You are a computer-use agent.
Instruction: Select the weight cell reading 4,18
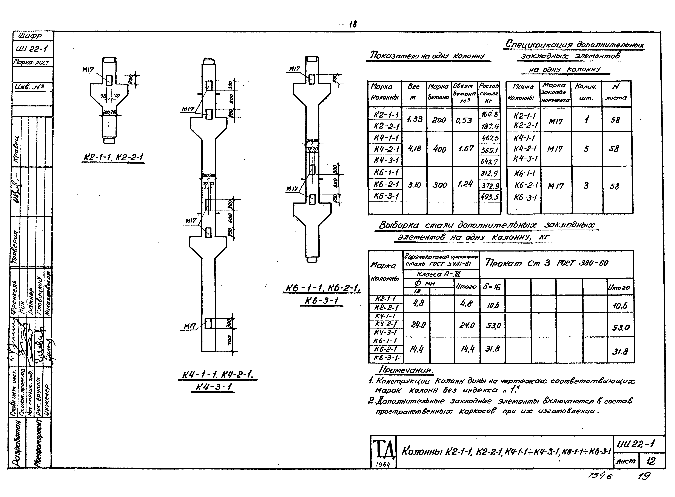[x=414, y=148]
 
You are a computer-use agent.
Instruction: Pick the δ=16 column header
[x=492, y=287]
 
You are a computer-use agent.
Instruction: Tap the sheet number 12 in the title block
[x=651, y=461]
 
